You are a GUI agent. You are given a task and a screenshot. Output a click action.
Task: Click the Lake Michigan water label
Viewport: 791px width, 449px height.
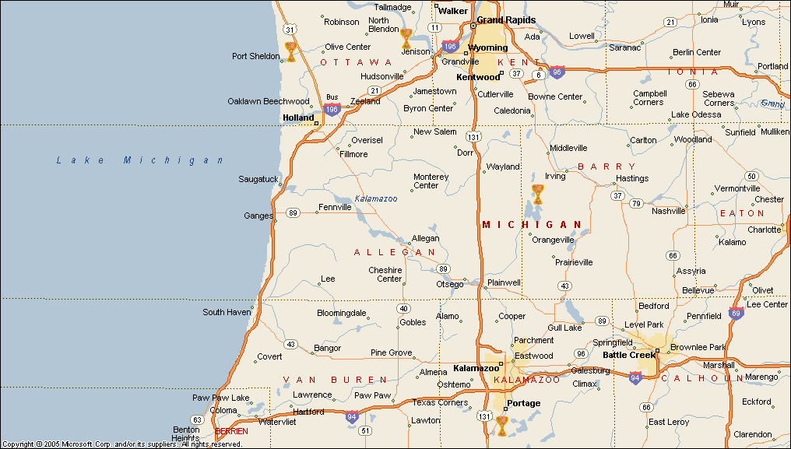pos(140,160)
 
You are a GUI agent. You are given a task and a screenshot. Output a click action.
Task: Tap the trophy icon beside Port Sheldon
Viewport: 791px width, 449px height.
pos(290,51)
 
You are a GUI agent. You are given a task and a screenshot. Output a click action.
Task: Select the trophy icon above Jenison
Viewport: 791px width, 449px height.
pos(406,38)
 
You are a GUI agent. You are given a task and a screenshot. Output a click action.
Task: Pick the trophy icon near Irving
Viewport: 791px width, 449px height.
pos(537,194)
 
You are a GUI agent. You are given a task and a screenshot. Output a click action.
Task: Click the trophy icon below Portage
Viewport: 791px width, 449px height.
pos(502,425)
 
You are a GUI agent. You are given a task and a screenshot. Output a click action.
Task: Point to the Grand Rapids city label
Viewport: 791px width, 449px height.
pos(506,19)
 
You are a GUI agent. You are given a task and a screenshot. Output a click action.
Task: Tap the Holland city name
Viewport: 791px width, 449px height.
pos(298,118)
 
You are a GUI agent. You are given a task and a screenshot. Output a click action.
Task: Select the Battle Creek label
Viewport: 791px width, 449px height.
pos(630,355)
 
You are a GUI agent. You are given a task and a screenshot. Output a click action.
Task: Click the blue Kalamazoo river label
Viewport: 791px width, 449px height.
pos(376,199)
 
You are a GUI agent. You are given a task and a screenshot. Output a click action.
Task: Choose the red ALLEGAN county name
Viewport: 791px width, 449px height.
pos(395,252)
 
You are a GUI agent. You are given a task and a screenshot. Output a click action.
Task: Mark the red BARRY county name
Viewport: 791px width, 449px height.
pos(606,167)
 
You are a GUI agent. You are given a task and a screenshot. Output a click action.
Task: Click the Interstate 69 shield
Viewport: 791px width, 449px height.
pos(736,314)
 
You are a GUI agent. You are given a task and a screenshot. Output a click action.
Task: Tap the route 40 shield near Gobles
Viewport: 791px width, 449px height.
pos(403,308)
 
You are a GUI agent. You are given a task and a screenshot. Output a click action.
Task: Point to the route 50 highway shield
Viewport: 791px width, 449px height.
pos(751,176)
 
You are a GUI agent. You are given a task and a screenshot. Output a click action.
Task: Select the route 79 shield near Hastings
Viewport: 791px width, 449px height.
pos(636,204)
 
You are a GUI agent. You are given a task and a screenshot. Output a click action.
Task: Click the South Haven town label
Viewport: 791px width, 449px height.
pos(226,312)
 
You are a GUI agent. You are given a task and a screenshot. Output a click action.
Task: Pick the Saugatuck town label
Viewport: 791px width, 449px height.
pos(258,179)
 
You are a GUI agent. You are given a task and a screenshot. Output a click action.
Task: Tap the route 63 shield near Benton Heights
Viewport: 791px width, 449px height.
pos(197,419)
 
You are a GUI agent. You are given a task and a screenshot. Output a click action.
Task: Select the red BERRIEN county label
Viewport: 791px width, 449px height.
pos(231,431)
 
